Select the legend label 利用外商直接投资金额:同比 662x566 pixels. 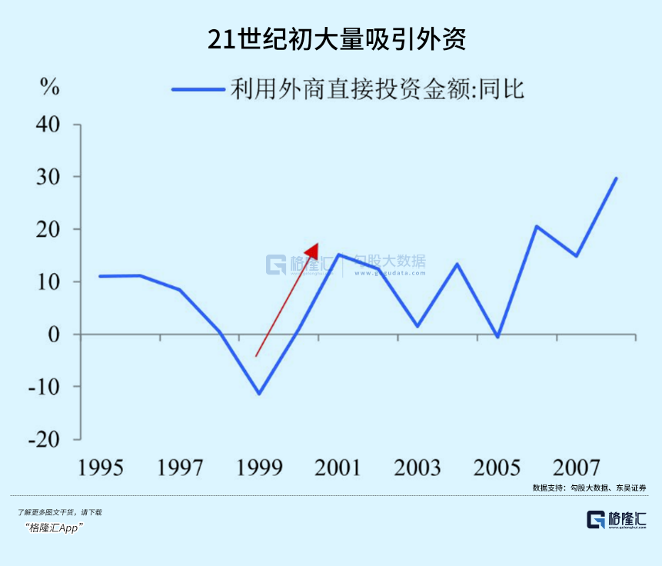[x=377, y=89]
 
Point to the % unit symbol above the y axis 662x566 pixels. [x=50, y=88]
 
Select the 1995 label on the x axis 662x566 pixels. [x=101, y=468]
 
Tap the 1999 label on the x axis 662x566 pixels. [x=259, y=468]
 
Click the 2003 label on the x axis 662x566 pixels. [x=417, y=468]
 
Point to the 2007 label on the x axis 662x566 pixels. [x=575, y=468]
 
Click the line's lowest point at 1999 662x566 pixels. [x=259, y=394]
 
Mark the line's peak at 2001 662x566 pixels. [x=338, y=255]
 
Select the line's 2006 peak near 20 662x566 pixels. [x=537, y=226]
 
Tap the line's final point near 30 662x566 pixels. [x=616, y=178]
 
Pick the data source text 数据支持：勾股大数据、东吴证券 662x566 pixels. [x=588, y=488]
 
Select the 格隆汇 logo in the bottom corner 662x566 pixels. [x=616, y=520]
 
